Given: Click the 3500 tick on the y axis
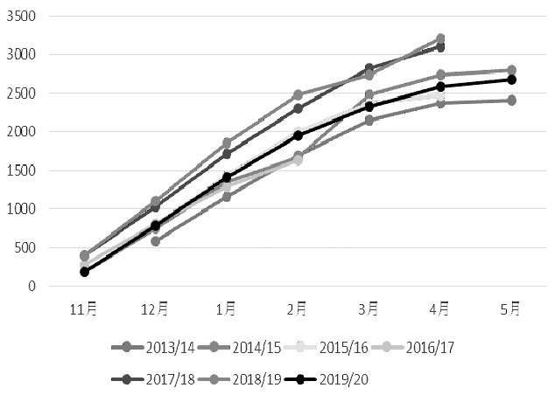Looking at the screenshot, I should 25,17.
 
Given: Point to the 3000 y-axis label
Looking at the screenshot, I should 25,55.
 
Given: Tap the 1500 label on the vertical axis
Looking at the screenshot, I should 25,170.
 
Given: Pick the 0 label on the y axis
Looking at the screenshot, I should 36,286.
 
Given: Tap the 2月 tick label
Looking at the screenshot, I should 297,308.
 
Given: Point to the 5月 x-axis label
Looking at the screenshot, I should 509,308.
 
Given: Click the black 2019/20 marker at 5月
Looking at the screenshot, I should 510,80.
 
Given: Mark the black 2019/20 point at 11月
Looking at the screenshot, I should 85,272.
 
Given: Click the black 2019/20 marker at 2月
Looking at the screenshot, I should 298,135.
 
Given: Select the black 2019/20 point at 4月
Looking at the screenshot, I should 439,87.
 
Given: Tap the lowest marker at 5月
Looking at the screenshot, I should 510,100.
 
